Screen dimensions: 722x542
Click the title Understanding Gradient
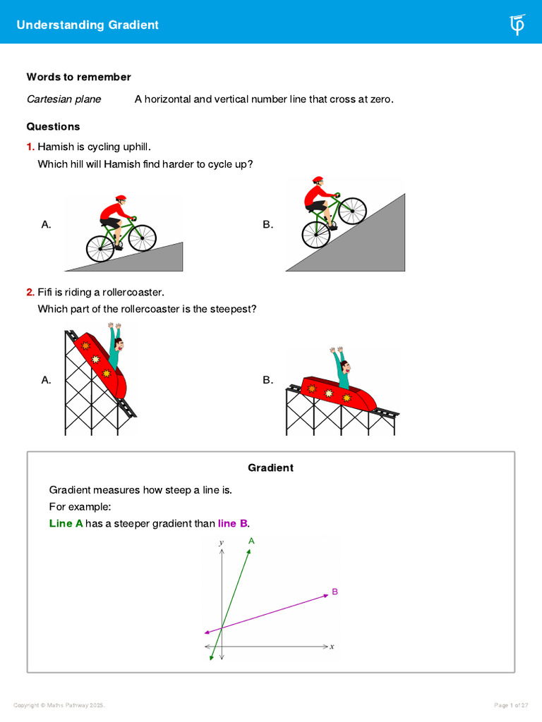point(88,25)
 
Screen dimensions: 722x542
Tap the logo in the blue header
point(517,25)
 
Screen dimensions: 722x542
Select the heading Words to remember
point(78,77)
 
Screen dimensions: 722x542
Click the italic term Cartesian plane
point(64,99)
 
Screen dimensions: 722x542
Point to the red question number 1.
point(30,147)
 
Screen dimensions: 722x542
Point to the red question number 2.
point(30,292)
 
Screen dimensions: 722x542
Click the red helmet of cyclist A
point(121,199)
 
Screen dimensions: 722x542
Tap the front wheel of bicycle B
point(353,209)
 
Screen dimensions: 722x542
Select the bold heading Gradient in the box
point(270,467)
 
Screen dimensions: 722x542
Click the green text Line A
point(66,524)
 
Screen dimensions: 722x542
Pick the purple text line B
point(233,524)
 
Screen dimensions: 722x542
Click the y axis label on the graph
point(221,542)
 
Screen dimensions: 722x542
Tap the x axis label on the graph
point(332,646)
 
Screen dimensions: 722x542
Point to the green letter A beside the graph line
point(251,541)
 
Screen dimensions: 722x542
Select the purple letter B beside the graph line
point(335,592)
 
